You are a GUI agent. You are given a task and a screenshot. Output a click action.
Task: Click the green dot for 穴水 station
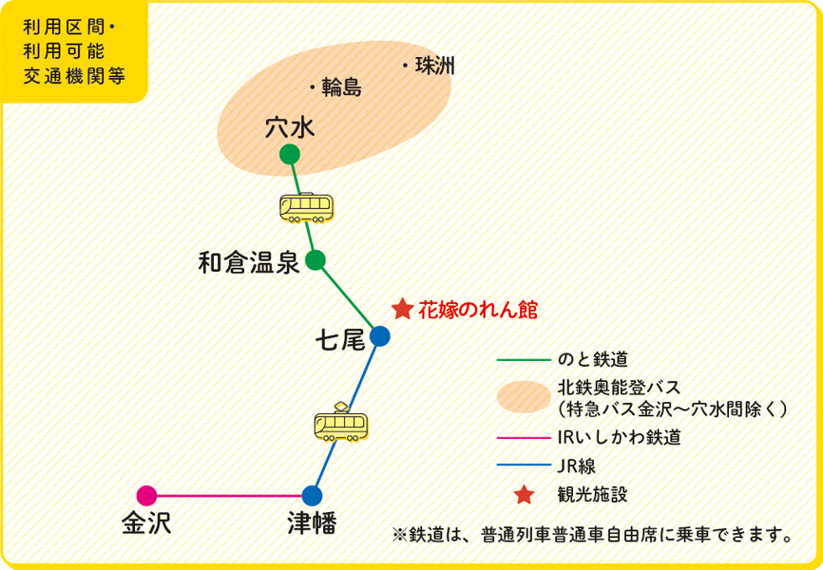[290, 154]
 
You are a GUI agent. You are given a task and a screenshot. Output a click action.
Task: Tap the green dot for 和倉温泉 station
[316, 259]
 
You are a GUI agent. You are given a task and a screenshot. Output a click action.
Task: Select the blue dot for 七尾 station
[380, 335]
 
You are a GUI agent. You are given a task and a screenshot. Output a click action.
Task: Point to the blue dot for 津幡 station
[312, 495]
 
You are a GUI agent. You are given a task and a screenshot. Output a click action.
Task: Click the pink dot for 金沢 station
[146, 495]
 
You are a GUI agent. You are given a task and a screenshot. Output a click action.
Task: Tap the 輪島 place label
[342, 87]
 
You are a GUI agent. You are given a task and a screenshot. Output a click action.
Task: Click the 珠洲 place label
[435, 66]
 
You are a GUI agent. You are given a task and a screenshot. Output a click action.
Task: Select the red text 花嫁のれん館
[478, 311]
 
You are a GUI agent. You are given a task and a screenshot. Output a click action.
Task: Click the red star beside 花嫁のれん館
[403, 310]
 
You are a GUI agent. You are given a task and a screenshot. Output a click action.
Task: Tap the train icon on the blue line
[341, 423]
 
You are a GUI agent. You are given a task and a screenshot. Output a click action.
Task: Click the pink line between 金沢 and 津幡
[229, 495]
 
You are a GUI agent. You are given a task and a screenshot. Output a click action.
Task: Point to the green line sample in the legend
[523, 360]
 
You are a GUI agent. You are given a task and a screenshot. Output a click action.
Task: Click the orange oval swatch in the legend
[524, 397]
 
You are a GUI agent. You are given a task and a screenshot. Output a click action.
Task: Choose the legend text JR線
[577, 465]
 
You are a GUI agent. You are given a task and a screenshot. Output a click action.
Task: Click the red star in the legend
[525, 494]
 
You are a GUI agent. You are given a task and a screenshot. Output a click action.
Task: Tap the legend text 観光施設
[593, 494]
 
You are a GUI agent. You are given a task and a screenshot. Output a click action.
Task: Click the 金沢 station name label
[147, 523]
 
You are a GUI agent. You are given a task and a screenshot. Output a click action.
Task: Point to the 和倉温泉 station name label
[249, 262]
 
